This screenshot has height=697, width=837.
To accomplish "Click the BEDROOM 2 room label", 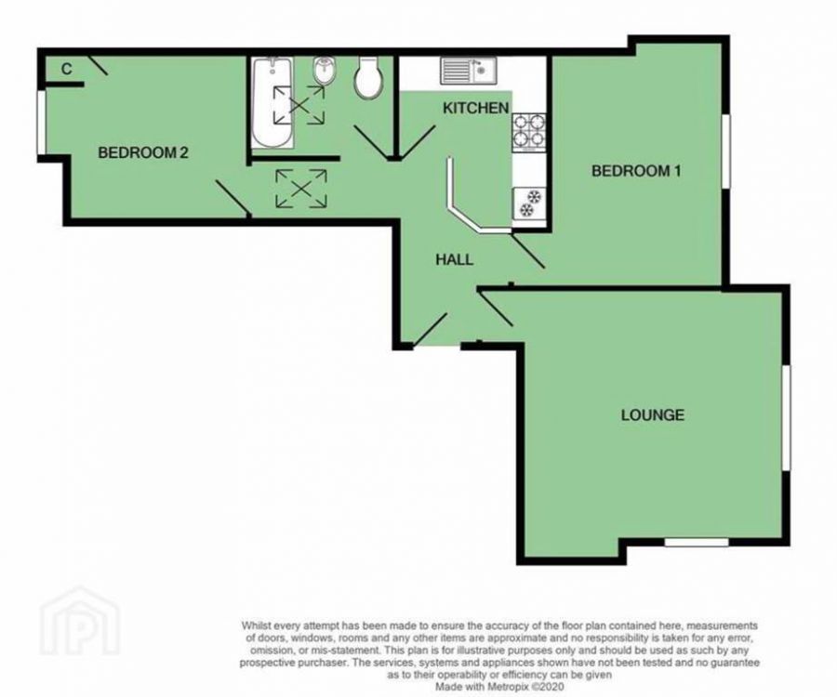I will coord(143,153).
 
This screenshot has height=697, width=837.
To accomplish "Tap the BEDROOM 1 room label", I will coord(644,171).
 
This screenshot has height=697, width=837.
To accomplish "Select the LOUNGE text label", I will coord(652,414).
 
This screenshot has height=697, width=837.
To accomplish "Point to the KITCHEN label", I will coord(475,109).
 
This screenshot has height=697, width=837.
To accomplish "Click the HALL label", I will coord(454,260).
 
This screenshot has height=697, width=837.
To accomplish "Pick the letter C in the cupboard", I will coord(67,69).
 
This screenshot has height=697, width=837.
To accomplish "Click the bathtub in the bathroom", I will coord(272,102).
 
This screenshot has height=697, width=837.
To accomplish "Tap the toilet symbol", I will coord(368,78).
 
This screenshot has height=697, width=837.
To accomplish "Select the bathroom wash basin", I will coord(325,71).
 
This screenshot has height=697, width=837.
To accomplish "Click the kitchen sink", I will coord(469,68).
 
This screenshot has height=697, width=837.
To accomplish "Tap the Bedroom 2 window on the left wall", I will coord(40,123).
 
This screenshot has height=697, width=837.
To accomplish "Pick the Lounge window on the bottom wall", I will coord(697,541).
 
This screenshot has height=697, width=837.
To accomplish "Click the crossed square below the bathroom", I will coord(301,188).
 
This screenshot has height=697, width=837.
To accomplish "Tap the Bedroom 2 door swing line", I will coord(232,199).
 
